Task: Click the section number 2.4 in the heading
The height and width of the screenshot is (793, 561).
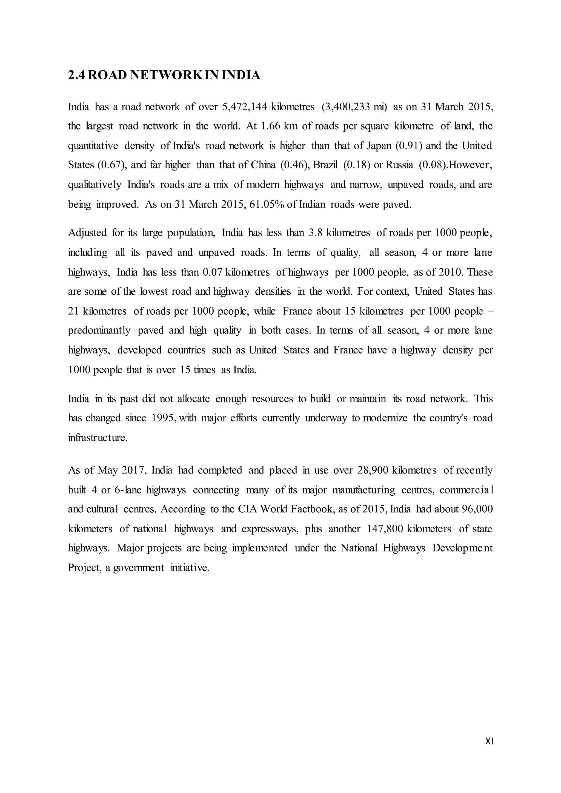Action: pyautogui.click(x=76, y=75)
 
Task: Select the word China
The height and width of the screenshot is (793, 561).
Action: pyautogui.click(x=263, y=165)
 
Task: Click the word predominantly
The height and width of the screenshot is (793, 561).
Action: pyautogui.click(x=99, y=331)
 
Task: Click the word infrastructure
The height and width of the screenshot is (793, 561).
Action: pyautogui.click(x=98, y=438)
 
